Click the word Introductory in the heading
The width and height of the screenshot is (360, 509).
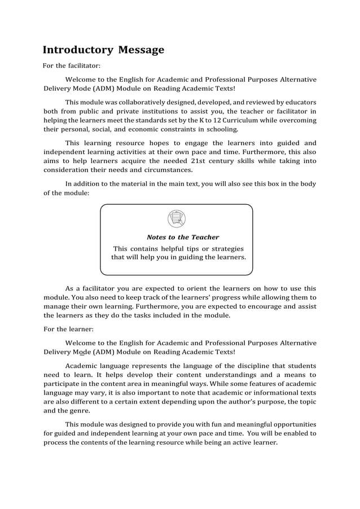click(x=78, y=50)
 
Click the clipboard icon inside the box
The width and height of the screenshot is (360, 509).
click(x=177, y=218)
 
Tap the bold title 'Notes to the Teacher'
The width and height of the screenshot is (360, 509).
click(x=183, y=237)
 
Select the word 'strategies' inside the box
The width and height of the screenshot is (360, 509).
click(x=225, y=248)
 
